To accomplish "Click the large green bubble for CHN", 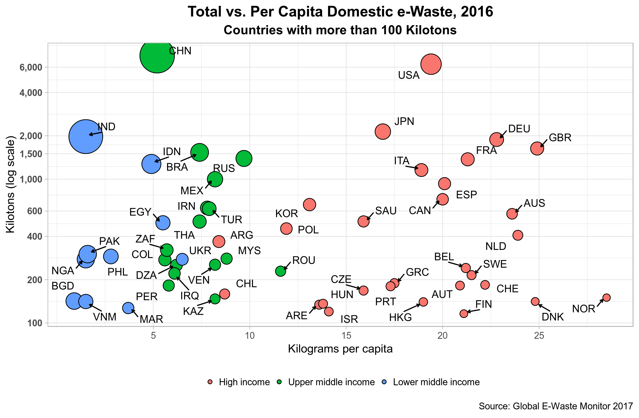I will tap(157, 56).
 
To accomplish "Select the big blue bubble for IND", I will tap(86, 136).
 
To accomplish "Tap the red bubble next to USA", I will tap(431, 64).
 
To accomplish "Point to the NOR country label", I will tap(583, 309).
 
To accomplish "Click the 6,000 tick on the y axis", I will tap(31, 67).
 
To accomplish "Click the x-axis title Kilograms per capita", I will tap(340, 349).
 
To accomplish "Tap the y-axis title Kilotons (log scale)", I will tap(10, 185).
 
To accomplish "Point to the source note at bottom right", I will tap(556, 406).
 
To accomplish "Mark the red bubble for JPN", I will tap(382, 132).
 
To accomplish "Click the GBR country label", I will tap(560, 138).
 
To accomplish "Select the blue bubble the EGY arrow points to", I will tap(163, 223).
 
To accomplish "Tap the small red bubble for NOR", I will tap(607, 297).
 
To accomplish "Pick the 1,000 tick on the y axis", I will tap(31, 179).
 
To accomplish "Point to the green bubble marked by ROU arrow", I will tap(280, 271).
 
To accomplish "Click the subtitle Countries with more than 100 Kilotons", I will tap(340, 30).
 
